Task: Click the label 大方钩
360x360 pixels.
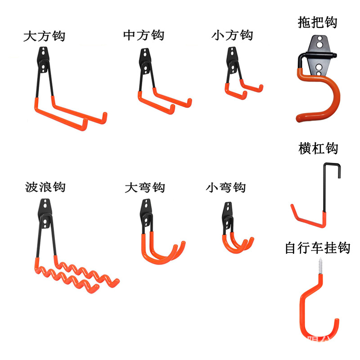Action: point(44,36)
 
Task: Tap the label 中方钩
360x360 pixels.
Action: point(144,35)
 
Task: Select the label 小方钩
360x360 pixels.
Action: point(232,35)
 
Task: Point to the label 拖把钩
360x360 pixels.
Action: point(317,22)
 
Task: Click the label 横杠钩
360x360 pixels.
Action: point(318,148)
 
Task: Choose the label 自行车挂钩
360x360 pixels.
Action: point(318,248)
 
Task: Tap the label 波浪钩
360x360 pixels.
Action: point(45,186)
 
